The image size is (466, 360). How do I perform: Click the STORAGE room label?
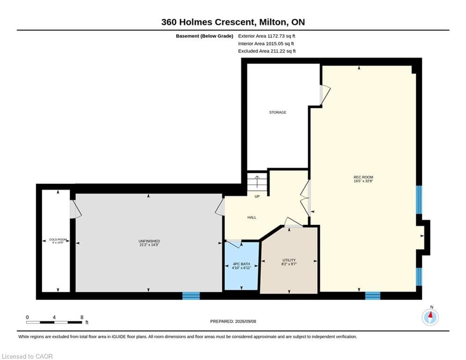[278, 112]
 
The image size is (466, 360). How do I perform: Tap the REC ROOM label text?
[363, 177]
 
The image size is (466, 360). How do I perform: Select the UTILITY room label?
[289, 260]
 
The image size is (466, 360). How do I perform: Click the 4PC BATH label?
[241, 264]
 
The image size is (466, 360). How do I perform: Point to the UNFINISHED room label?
[149, 241]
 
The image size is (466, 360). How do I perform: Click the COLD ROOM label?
[58, 240]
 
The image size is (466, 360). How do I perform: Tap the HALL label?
[251, 217]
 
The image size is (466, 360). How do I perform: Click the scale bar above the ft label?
[54, 322]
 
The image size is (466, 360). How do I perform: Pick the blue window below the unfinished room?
[191, 296]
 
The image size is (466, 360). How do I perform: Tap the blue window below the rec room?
[373, 296]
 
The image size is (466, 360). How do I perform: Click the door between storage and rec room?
[325, 95]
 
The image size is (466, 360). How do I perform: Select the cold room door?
[75, 210]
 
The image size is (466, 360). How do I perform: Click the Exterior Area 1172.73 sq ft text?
[266, 36]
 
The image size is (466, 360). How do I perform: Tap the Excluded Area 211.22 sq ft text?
[267, 51]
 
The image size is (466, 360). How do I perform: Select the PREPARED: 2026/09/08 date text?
[233, 321]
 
